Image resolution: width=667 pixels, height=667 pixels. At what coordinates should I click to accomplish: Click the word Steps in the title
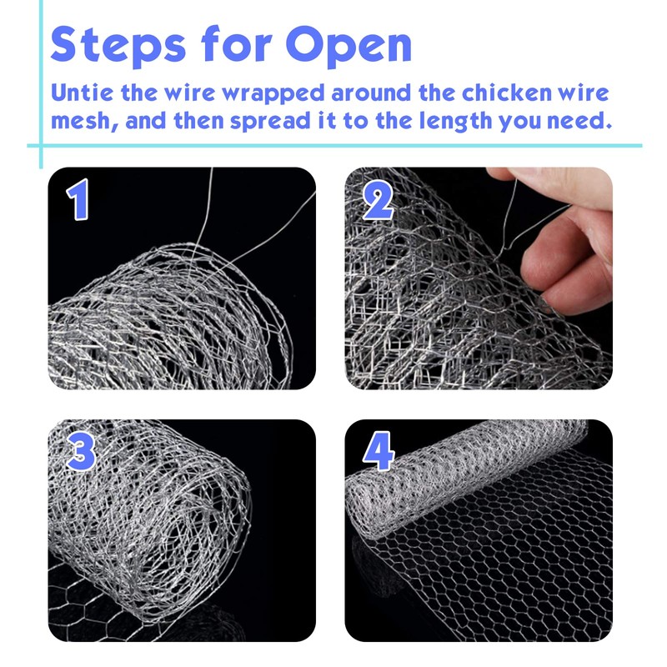tap(118, 45)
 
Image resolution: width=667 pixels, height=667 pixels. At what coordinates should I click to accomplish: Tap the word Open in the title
tap(349, 45)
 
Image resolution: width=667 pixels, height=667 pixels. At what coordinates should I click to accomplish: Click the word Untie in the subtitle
tap(82, 93)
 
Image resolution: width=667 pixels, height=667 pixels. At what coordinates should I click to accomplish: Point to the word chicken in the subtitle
tap(507, 93)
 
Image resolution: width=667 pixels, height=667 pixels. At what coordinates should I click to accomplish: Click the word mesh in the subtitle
tap(80, 120)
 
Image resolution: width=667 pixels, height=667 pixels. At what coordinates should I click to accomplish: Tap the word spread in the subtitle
tap(270, 122)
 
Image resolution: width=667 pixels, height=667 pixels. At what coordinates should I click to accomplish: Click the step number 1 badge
tap(78, 199)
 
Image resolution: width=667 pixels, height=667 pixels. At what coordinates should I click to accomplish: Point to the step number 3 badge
tap(81, 450)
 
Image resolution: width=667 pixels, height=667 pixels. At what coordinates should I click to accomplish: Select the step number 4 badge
tap(379, 451)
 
